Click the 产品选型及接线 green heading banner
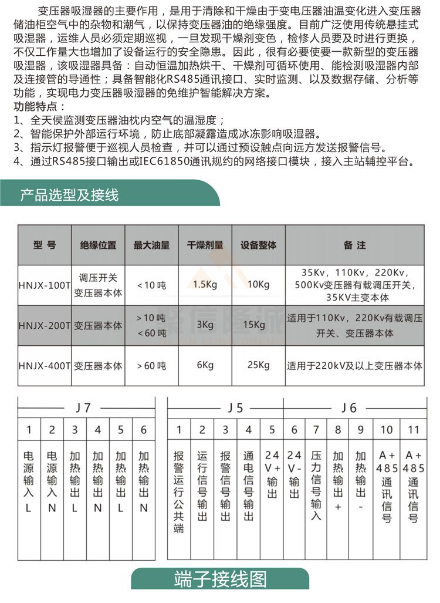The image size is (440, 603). tap(69, 195)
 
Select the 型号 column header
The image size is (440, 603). tap(45, 245)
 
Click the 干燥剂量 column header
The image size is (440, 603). tap(205, 245)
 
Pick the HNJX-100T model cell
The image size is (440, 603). tap(45, 285)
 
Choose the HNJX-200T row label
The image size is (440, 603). tap(45, 325)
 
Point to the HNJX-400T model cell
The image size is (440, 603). tap(45, 365)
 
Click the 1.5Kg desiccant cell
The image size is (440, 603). tap(205, 285)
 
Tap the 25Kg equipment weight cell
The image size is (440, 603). tap(258, 365)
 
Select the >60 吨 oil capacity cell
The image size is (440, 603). tap(151, 365)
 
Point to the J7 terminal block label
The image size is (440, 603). tap(84, 407)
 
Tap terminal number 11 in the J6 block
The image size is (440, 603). tap(413, 430)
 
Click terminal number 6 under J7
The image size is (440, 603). tap(144, 430)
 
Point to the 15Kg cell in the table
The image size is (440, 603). tap(258, 325)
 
